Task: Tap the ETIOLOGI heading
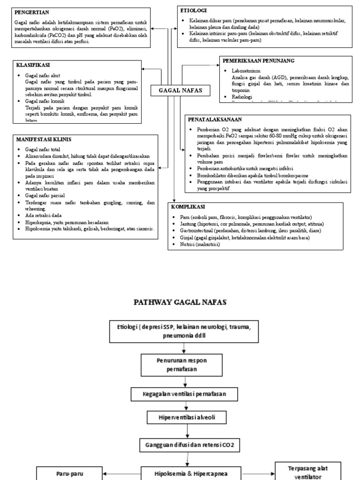(x=193, y=10)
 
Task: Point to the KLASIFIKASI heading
(x=33, y=65)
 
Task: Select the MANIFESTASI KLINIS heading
(x=43, y=139)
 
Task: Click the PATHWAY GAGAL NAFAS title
(x=180, y=302)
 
